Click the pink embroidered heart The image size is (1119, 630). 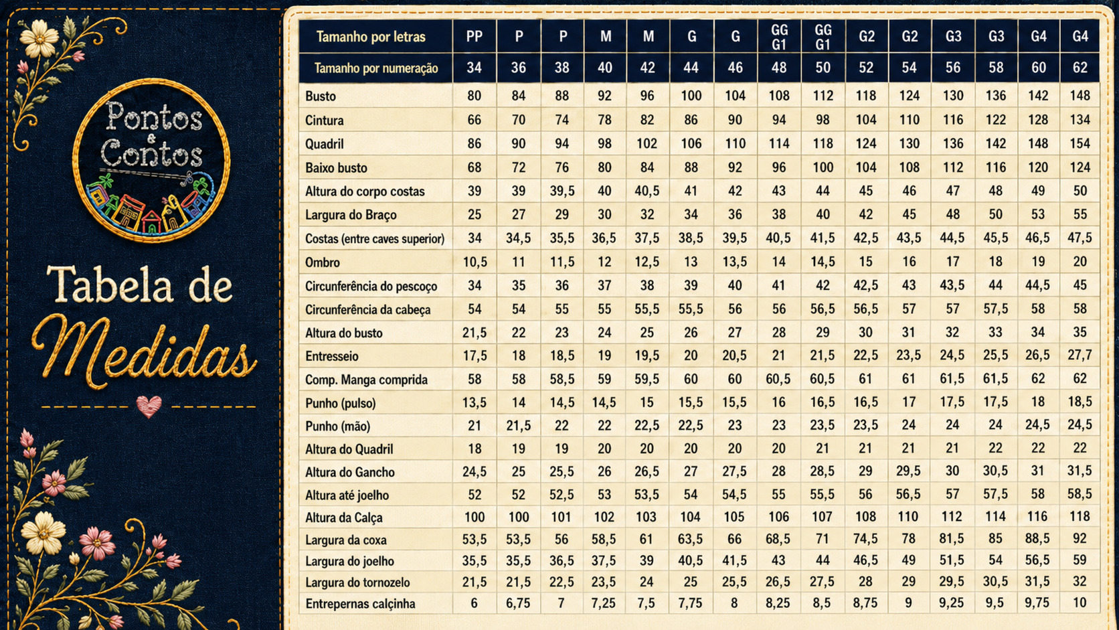pos(149,406)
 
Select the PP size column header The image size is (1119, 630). pos(474,36)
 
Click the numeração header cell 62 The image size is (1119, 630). pos(1080,68)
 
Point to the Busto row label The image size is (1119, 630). pos(320,96)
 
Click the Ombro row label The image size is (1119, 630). pos(322,262)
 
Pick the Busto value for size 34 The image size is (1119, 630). pos(474,96)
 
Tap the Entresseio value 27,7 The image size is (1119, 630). pos(1080,356)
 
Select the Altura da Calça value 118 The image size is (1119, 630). pos(1080,517)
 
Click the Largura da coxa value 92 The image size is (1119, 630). pos(1080,538)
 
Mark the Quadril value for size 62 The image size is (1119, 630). pos(1080,143)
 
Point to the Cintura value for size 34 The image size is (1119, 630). pos(474,120)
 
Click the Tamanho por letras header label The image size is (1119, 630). pos(371,37)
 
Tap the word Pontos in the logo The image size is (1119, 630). pos(154,117)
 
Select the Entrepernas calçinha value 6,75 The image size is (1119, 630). pos(518,603)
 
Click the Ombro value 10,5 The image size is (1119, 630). pos(475,262)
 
